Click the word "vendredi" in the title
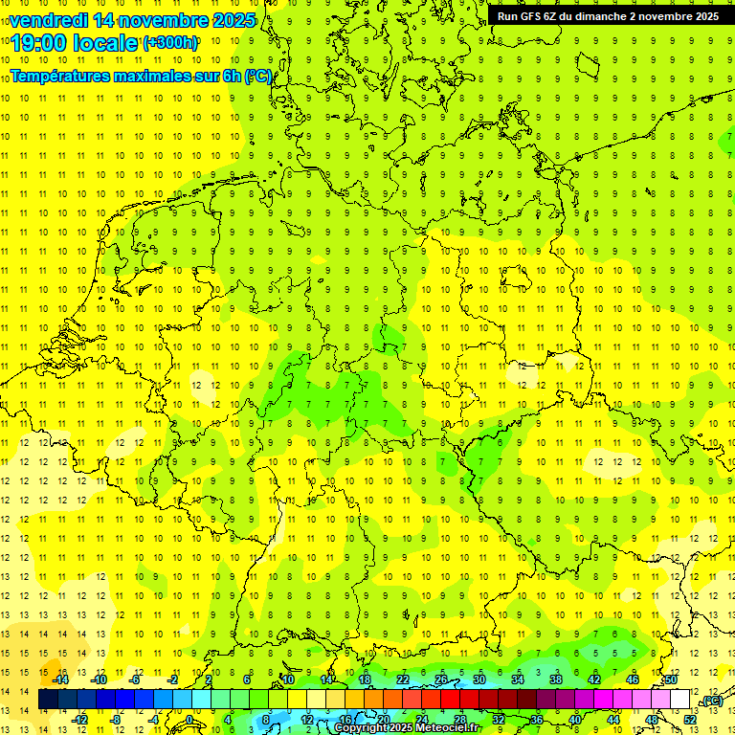coord(51,20)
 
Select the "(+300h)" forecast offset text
coord(170,43)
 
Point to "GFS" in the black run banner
coord(531,16)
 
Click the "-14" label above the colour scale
coord(60,679)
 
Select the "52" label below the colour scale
coord(690,719)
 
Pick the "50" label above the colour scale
coord(671,679)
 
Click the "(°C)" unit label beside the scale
coord(711,702)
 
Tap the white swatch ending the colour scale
coord(680,700)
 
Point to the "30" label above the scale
coord(479,679)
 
